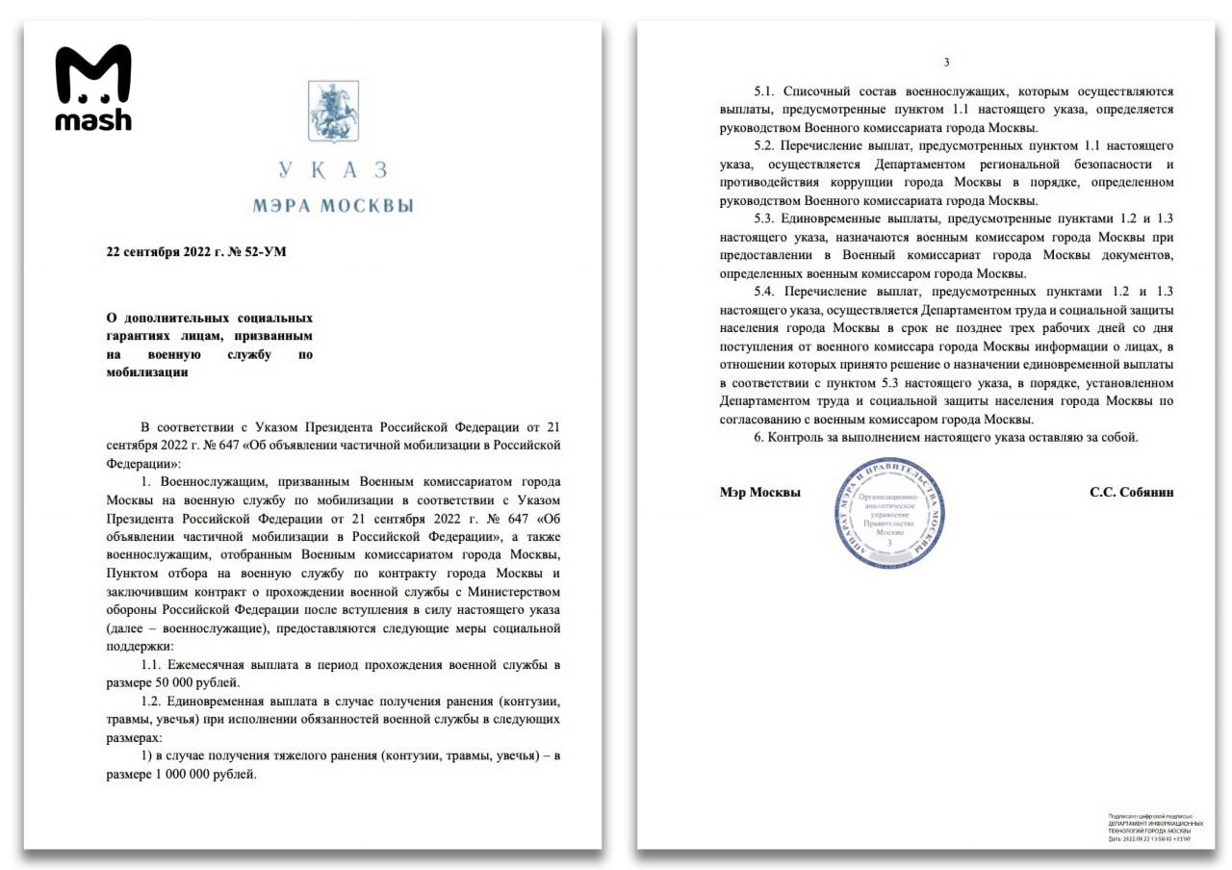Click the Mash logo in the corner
click(92, 87)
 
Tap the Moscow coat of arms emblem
click(333, 112)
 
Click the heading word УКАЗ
click(333, 170)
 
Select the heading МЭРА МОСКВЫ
click(333, 205)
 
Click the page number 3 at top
click(946, 63)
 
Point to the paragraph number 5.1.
click(764, 91)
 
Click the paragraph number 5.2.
click(764, 146)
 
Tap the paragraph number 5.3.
click(764, 218)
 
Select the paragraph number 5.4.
click(764, 292)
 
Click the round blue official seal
click(890, 513)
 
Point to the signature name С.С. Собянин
click(1131, 492)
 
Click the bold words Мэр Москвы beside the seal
click(759, 492)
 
